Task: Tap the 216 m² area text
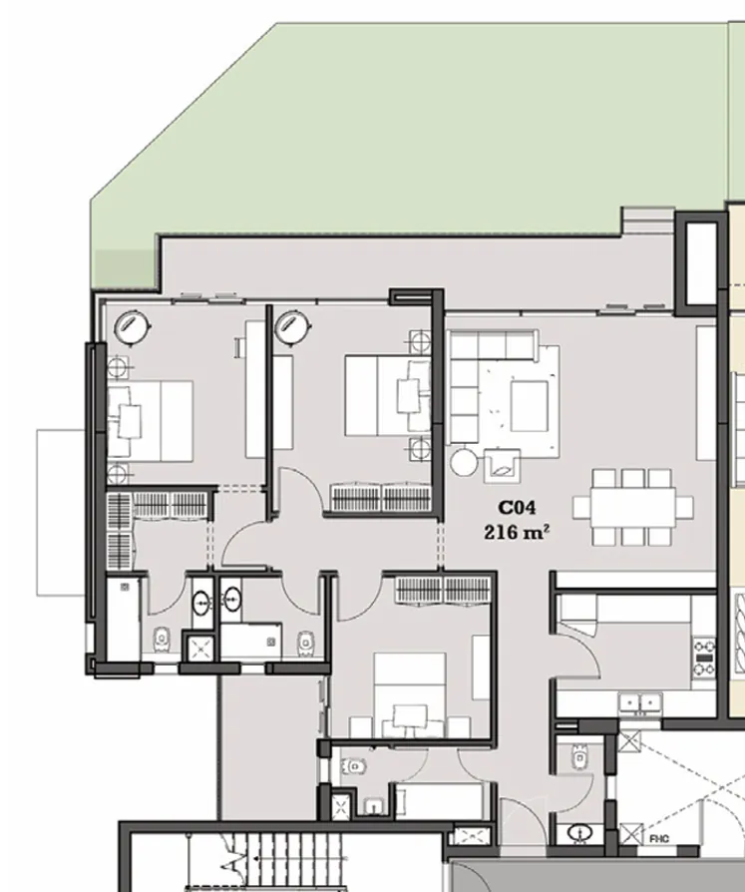click(516, 532)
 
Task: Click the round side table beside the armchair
click(464, 462)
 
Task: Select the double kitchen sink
click(640, 704)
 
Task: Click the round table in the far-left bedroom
click(131, 326)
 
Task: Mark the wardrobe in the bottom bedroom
click(439, 590)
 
